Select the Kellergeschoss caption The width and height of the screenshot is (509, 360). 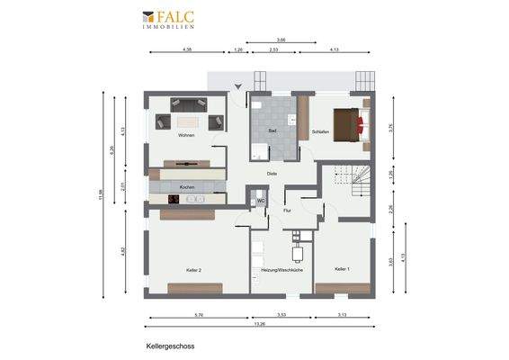click(x=170, y=345)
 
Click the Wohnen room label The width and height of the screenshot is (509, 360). click(x=186, y=136)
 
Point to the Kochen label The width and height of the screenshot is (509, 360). click(x=186, y=187)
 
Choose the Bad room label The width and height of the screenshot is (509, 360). click(x=272, y=132)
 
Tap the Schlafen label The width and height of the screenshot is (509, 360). click(x=319, y=132)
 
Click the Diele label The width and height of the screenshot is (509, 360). click(x=271, y=174)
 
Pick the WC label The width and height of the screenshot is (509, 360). click(x=260, y=202)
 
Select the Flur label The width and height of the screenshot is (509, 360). click(x=287, y=211)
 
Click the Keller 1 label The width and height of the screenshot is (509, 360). click(x=342, y=269)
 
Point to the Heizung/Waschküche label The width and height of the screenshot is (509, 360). click(x=281, y=270)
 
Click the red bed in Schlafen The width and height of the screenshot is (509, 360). click(x=350, y=122)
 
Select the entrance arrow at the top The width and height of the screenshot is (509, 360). click(x=238, y=86)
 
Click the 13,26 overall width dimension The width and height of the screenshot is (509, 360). click(x=259, y=325)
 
